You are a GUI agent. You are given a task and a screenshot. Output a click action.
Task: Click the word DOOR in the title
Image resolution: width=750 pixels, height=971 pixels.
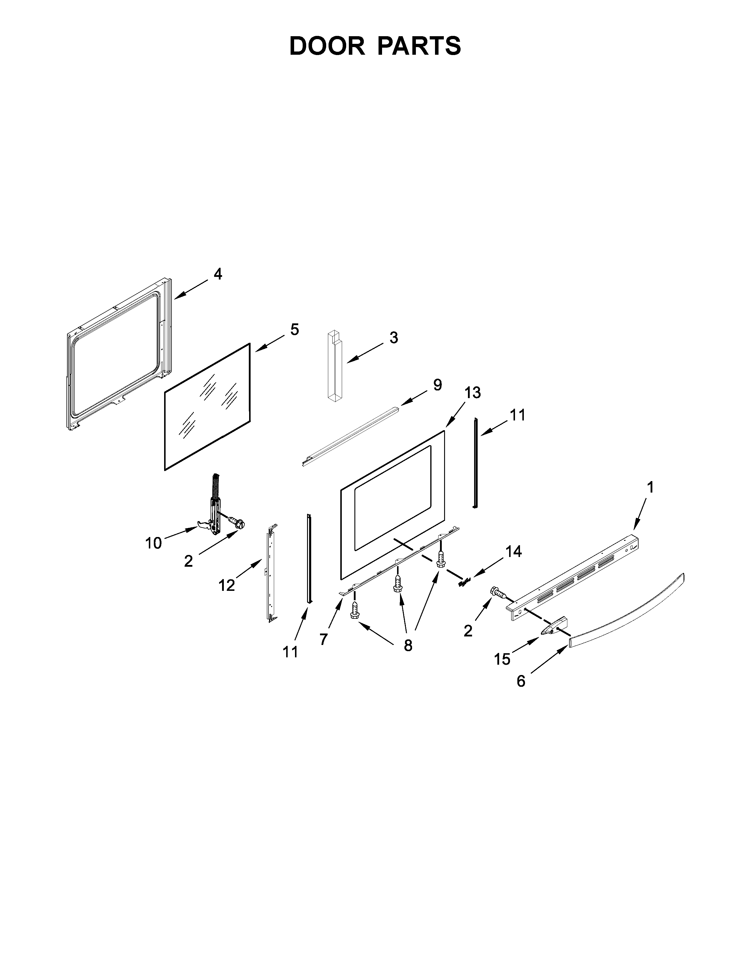pos(327,46)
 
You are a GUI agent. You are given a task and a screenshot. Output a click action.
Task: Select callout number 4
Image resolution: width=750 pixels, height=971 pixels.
pos(218,274)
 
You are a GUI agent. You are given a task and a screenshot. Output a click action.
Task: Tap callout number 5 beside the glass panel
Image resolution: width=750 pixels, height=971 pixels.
pos(295,330)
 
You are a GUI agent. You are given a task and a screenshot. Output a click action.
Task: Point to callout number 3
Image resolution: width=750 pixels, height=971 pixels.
pos(394,337)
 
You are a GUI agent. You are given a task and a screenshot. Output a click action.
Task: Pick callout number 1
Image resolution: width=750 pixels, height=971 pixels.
pos(650,488)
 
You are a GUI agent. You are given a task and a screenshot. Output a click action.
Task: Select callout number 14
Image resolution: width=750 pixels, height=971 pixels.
pos(513,552)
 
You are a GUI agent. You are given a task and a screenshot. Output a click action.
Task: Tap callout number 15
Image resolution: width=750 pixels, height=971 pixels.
pos(503,659)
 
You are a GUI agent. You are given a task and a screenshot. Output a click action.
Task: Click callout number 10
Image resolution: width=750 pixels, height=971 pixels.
pos(154,543)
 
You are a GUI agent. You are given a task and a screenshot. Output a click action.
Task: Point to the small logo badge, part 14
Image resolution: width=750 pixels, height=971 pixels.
pos(465,581)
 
